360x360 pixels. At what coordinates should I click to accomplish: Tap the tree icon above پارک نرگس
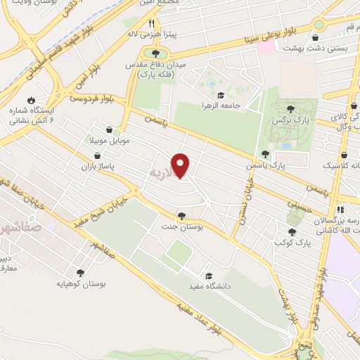point(290,108)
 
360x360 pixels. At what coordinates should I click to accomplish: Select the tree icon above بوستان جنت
point(182,216)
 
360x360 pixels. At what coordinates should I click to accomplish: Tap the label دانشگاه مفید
point(186,286)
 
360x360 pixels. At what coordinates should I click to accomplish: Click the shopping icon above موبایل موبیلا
point(110,129)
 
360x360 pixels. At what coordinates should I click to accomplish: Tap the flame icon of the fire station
point(31,99)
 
